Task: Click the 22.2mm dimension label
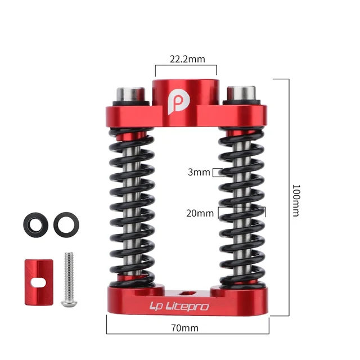[187, 59]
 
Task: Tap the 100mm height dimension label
[296, 200]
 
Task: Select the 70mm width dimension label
[185, 328]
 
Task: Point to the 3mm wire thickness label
[199, 172]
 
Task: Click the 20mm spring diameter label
[200, 213]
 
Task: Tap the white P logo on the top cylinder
[179, 102]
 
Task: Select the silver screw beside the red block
[69, 279]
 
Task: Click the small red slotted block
[39, 282]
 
